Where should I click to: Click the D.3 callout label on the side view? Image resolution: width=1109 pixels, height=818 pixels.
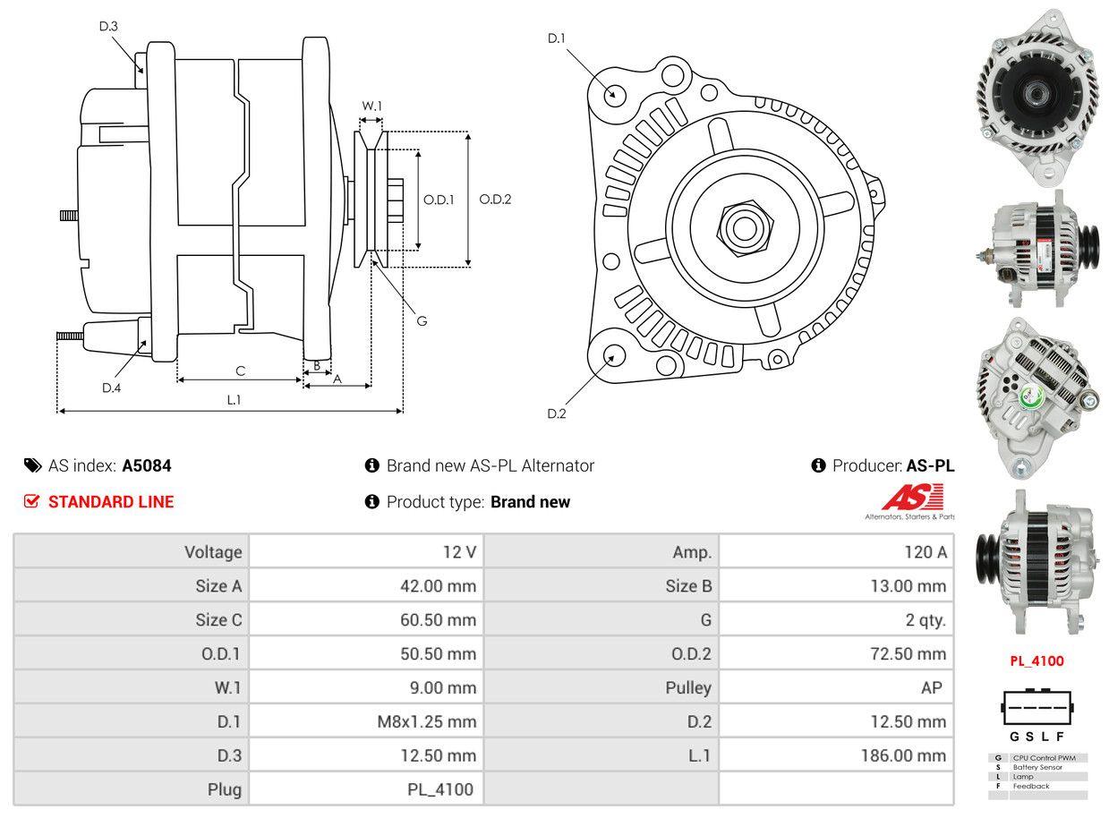click(108, 26)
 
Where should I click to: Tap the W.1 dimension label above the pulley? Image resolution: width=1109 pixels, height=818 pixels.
click(371, 106)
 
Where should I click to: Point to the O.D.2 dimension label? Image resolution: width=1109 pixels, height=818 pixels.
click(495, 200)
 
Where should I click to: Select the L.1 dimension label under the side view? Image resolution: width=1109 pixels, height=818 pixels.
click(234, 400)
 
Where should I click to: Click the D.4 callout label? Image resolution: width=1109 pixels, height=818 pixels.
click(111, 388)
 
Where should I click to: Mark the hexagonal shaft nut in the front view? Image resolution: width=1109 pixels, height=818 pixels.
click(741, 227)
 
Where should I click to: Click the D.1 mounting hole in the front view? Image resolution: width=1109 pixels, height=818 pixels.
click(614, 93)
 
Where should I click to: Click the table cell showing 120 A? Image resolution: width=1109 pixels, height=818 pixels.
click(925, 552)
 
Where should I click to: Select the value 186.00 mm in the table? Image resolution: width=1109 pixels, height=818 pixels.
click(903, 755)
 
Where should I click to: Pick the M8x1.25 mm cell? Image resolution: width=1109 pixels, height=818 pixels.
click(426, 721)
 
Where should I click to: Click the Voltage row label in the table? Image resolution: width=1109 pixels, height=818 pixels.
click(213, 552)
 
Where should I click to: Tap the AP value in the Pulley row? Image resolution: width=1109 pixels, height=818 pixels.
click(931, 687)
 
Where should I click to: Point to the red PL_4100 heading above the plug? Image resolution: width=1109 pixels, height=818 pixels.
click(1036, 661)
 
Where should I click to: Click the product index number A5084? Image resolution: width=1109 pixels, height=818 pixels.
click(147, 465)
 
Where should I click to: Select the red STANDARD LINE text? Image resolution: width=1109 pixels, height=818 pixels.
click(110, 502)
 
